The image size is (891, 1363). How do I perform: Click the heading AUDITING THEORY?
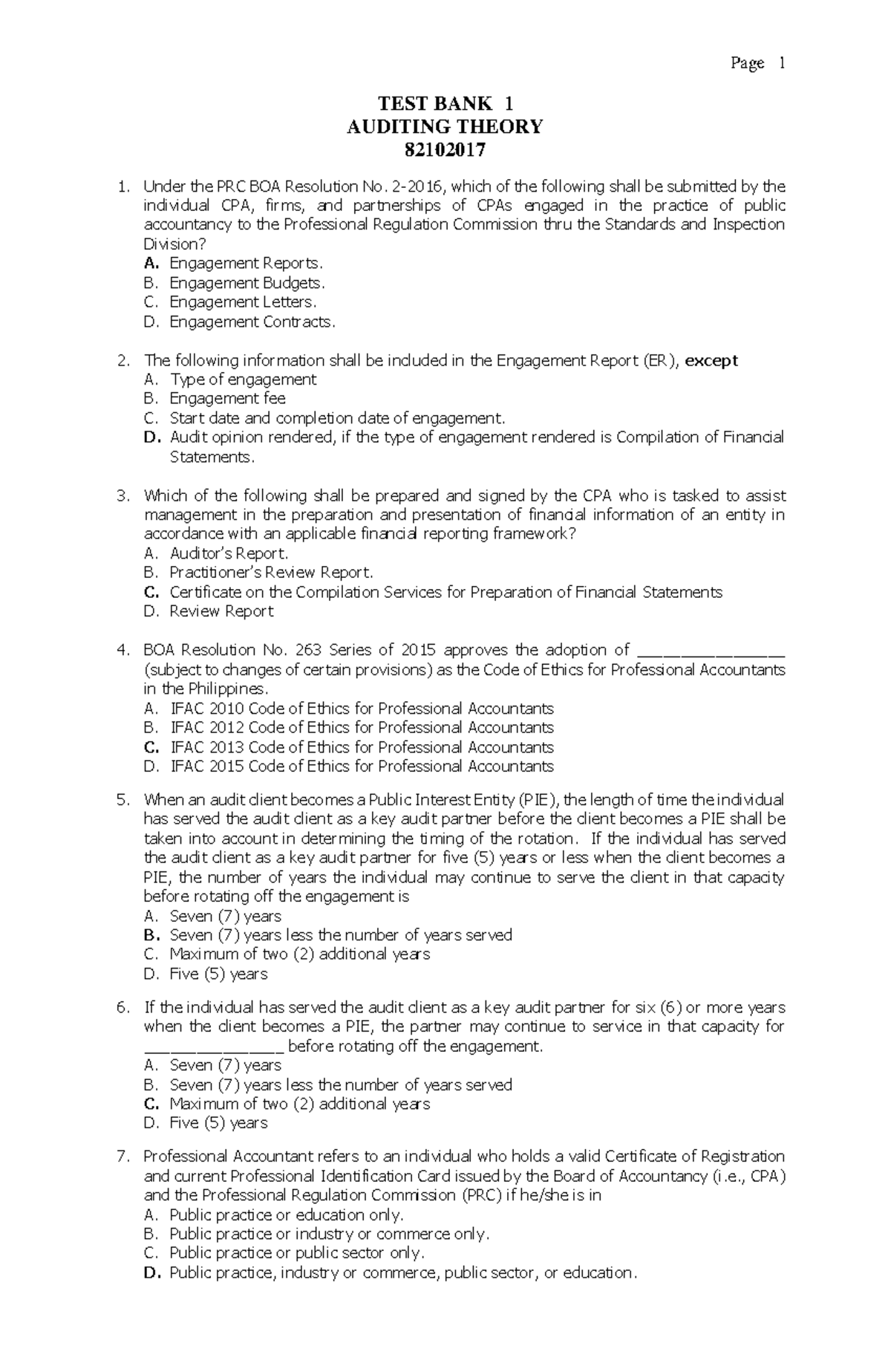[445, 127]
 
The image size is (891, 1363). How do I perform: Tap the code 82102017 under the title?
[445, 151]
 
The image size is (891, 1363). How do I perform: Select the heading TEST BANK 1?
[445, 103]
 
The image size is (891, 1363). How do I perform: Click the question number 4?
[123, 650]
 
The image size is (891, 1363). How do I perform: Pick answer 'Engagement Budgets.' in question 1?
[247, 283]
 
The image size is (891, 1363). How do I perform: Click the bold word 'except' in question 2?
[711, 360]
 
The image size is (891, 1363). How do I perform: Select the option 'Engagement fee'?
[227, 399]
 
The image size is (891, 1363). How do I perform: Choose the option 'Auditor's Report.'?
[229, 553]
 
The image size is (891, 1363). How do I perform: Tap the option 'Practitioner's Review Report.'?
[271, 573]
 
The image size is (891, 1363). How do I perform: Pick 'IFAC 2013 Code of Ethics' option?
[362, 747]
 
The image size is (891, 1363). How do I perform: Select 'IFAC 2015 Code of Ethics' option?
[362, 767]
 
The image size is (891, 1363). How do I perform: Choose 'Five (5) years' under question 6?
[218, 1123]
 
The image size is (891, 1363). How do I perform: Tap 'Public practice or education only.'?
[287, 1215]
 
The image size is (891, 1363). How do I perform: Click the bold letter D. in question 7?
[152, 1273]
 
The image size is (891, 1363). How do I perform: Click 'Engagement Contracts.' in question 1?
[252, 322]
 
